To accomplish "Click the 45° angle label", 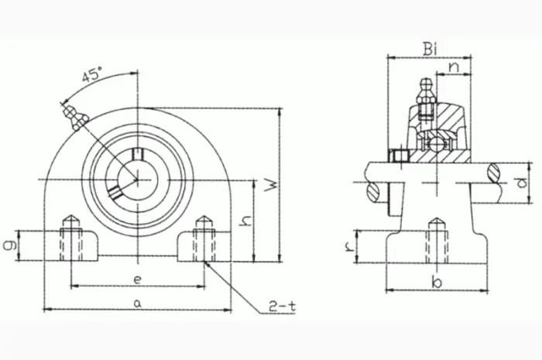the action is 92,74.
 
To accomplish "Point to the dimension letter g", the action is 10,245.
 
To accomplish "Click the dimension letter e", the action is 138,279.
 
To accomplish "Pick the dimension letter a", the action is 138,303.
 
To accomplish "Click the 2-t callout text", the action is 283,307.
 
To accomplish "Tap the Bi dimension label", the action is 430,50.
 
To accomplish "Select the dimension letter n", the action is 455,67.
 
